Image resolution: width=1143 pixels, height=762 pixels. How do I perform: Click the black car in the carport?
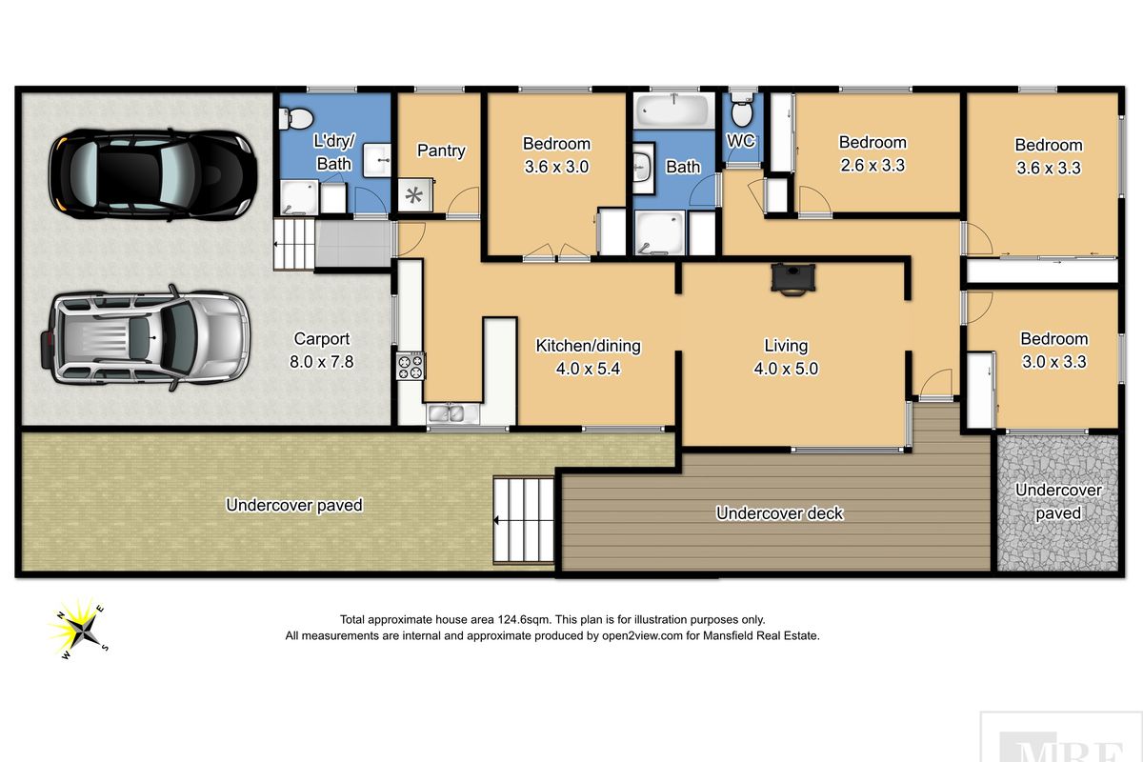coord(152,175)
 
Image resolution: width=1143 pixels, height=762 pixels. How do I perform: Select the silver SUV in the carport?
coord(146,338)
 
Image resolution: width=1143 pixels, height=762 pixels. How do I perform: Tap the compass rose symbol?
coord(79,630)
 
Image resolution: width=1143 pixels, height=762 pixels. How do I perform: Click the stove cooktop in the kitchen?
coord(411,367)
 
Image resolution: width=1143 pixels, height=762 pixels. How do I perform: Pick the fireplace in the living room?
coord(792,279)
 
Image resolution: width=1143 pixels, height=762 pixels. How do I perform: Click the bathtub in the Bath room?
coord(674,110)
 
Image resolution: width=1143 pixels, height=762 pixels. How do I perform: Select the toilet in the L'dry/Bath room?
coord(296,118)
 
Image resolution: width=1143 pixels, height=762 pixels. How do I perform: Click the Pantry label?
coord(441,150)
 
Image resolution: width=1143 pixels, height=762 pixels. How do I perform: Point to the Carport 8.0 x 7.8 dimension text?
coord(322,362)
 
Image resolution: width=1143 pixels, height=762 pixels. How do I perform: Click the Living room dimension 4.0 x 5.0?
coord(786,369)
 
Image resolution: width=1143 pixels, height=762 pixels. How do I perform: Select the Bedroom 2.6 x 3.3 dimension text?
coord(872,166)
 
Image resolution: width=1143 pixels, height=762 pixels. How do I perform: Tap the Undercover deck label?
coord(780,513)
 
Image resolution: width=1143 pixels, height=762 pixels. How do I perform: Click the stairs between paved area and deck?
coord(524,520)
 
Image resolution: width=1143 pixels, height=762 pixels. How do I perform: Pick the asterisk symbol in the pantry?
coord(413,195)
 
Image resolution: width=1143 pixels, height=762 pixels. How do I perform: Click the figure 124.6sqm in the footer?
coord(525,620)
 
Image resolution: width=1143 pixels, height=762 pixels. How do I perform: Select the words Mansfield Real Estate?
coord(760,636)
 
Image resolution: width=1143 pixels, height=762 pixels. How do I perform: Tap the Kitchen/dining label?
coord(588,346)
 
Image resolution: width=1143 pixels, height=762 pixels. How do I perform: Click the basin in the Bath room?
coord(643,168)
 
